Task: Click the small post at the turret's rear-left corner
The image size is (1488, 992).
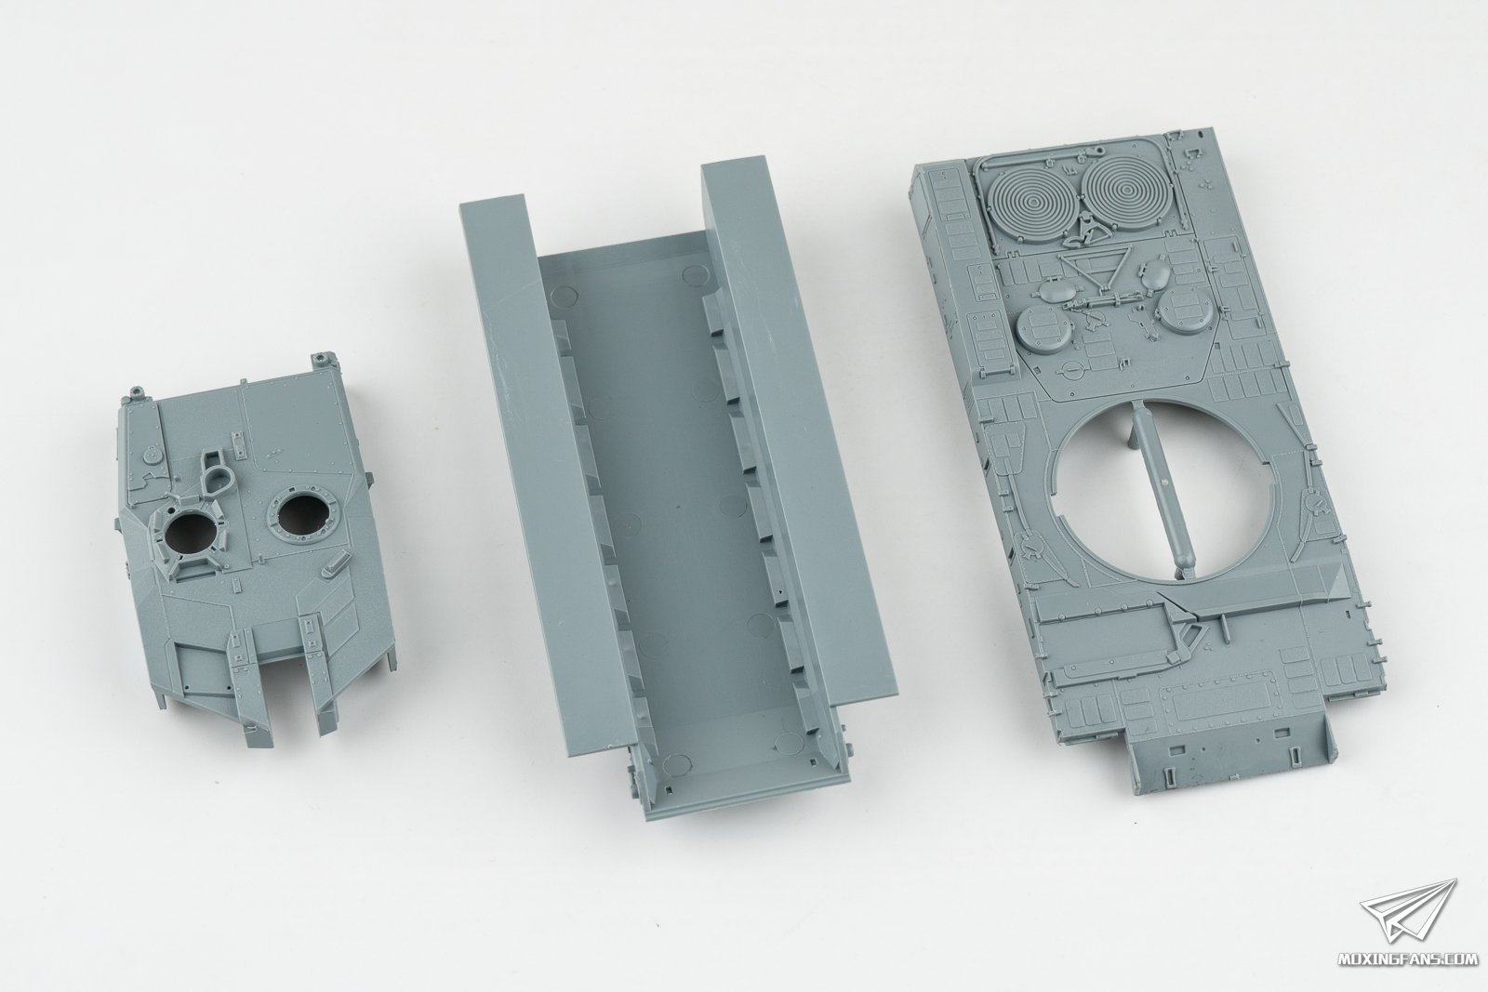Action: click(136, 391)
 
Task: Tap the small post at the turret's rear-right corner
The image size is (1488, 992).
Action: click(322, 359)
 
